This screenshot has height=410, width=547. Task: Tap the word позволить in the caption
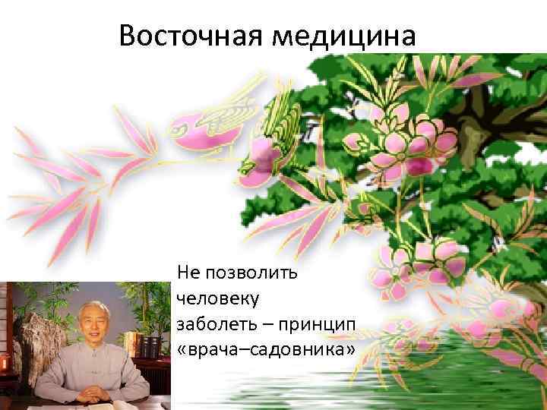pyautogui.click(x=242, y=271)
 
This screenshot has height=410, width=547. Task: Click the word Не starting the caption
pyautogui.click(x=187, y=271)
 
